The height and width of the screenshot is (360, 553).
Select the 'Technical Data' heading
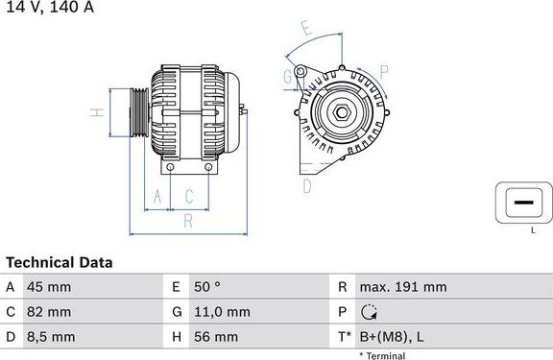pos(60,262)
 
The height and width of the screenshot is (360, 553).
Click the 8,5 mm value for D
pos(52,337)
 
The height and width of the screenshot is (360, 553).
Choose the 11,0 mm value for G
pos(224,312)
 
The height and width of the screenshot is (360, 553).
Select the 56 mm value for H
pos(218,337)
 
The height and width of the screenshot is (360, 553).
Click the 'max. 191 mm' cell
pos(402,287)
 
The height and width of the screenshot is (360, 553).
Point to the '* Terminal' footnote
pos(382,355)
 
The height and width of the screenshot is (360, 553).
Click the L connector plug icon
pos(523,203)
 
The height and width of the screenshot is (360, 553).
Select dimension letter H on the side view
pos(97,113)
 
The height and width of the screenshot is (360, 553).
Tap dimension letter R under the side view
pos(188,221)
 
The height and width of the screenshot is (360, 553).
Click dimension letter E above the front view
pos(306,29)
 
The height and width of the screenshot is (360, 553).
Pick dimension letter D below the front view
pos(307,185)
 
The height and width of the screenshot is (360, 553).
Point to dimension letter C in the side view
pos(189,197)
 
